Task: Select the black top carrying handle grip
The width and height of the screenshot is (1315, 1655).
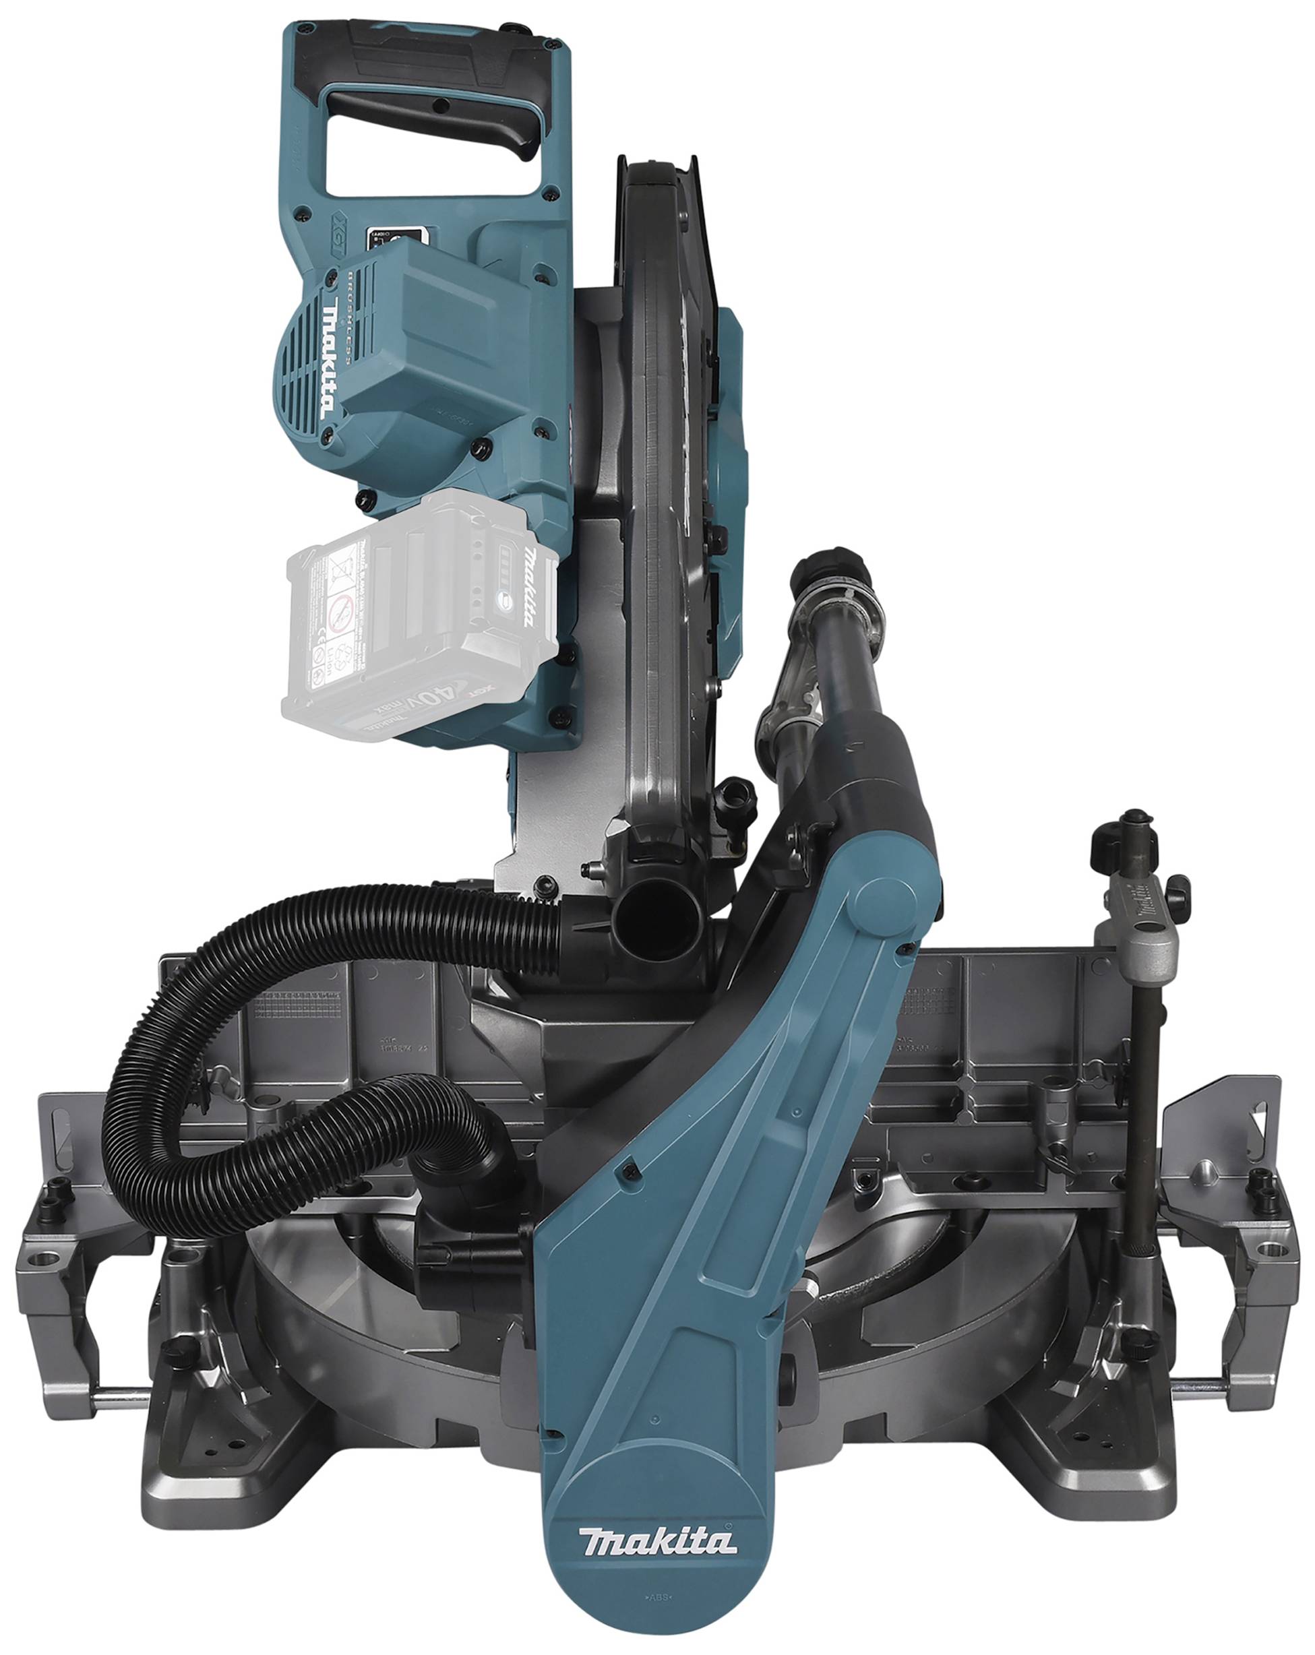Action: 430,107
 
